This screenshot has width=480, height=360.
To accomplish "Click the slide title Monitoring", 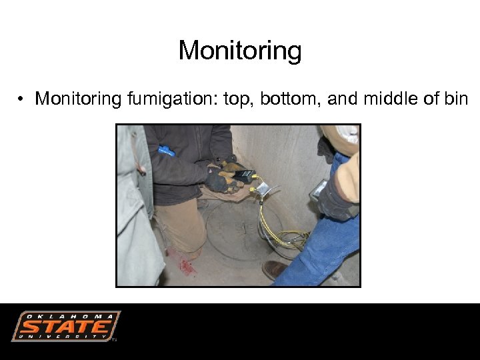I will (x=240, y=51).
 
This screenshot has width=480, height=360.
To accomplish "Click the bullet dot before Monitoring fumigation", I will (x=22, y=100).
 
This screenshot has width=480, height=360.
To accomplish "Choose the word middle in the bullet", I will (x=394, y=99).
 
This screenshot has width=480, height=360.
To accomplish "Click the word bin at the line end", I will (x=456, y=99).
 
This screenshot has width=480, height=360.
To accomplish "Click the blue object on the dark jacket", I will (x=165, y=151).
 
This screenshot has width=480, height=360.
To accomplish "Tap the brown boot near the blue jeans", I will (x=274, y=269).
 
